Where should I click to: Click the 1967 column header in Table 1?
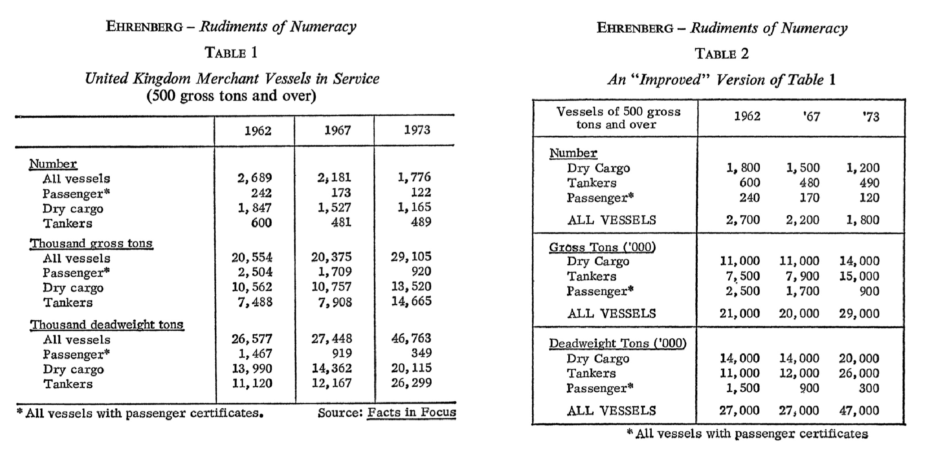click(x=337, y=130)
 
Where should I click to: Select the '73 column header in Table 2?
click(x=871, y=117)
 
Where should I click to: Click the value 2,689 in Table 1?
click(x=254, y=178)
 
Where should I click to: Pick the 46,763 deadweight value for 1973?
click(x=411, y=338)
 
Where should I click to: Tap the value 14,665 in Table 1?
click(x=411, y=301)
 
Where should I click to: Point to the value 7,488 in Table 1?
click(x=255, y=302)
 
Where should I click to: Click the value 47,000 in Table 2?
click(x=859, y=410)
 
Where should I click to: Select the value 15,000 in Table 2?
click(x=859, y=276)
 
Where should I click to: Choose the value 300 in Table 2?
click(x=869, y=388)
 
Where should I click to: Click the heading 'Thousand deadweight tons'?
click(x=107, y=325)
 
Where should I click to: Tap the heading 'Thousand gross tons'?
click(x=91, y=243)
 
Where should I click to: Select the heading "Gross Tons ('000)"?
click(x=602, y=247)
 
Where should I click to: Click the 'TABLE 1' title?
click(x=231, y=53)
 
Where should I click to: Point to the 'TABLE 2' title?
click(x=721, y=54)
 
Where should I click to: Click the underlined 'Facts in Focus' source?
click(x=412, y=412)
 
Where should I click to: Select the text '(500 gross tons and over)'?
click(x=231, y=96)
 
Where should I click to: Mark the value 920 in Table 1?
click(x=421, y=271)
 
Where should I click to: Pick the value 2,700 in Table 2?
click(x=742, y=220)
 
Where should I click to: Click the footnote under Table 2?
click(x=747, y=434)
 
